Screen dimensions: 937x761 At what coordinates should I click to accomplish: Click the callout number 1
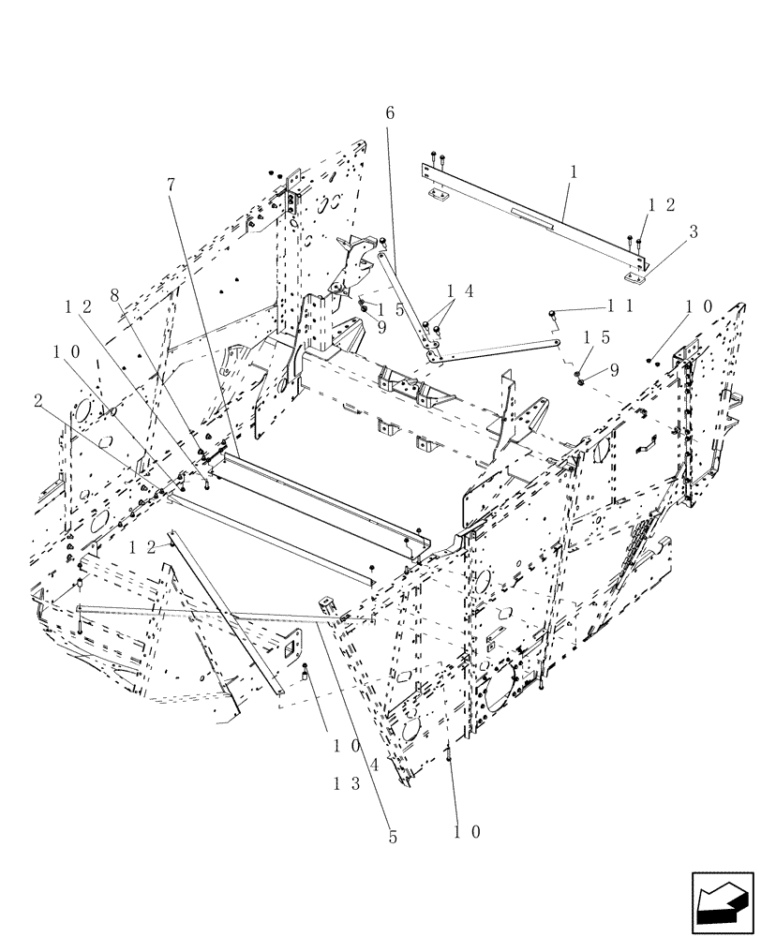[573, 172]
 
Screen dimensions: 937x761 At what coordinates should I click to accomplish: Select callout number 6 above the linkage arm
[390, 112]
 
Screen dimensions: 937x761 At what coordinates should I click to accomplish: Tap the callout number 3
[693, 232]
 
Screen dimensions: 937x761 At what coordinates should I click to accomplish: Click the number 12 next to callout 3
[662, 205]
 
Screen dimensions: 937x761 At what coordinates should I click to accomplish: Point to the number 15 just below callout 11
[596, 336]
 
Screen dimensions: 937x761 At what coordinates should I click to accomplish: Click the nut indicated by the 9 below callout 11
[581, 379]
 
